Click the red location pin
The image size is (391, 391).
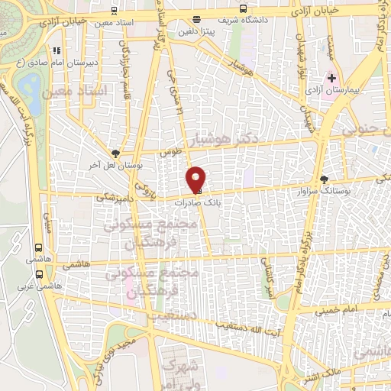[196, 180]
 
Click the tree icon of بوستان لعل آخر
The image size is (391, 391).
[115, 153]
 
